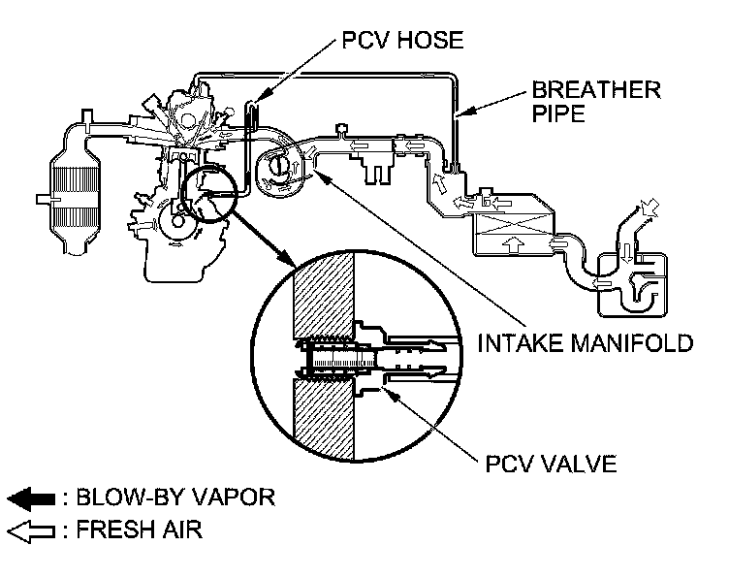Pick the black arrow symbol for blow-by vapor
[x=29, y=499]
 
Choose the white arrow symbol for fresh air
[x=29, y=530]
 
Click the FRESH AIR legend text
[x=135, y=530]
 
